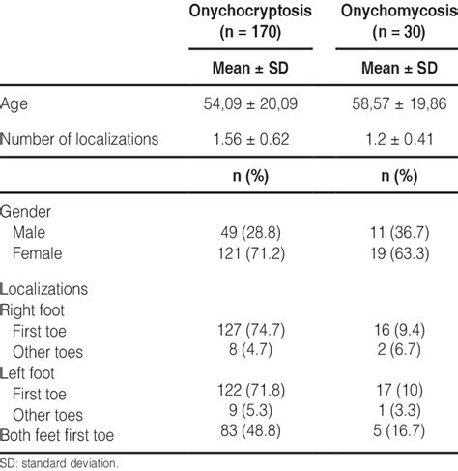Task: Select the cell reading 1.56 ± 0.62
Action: pyautogui.click(x=246, y=139)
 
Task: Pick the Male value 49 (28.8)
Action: pyautogui.click(x=246, y=233)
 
